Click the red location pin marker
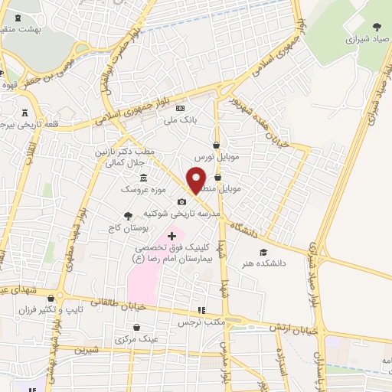coord(196,179)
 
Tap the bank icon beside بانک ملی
coord(181,108)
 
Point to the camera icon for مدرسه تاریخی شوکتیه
coord(181,201)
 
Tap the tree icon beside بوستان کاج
coord(127,217)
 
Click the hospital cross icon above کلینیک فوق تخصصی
coord(171,236)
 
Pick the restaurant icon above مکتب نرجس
coord(201,310)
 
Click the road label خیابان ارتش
coord(293,328)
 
